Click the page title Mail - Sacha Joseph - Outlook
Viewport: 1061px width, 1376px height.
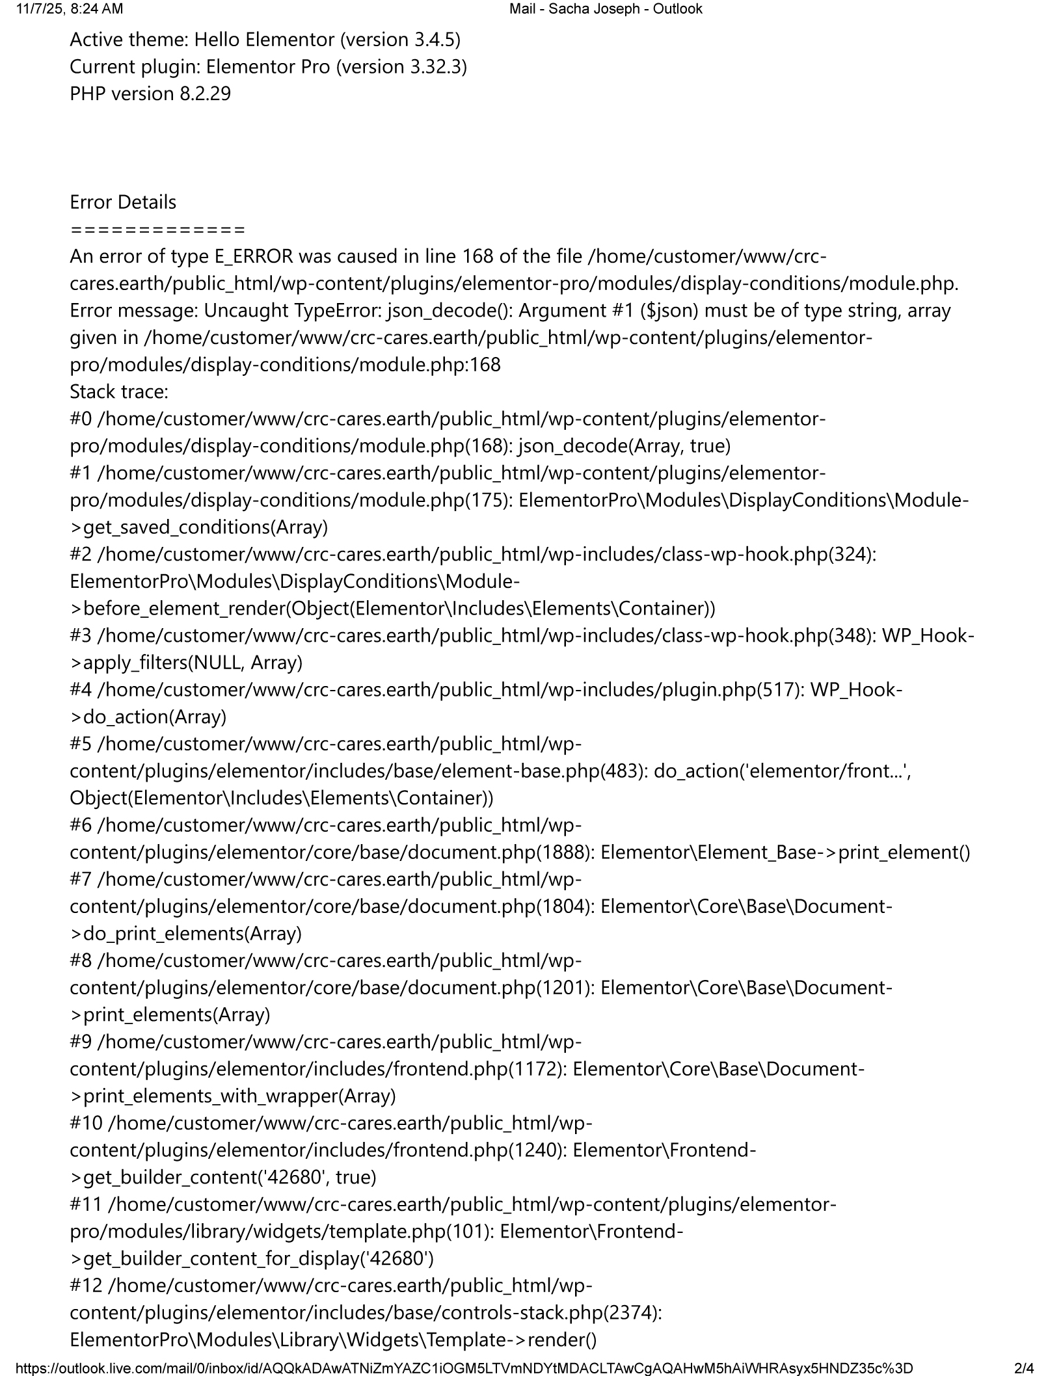[x=606, y=8]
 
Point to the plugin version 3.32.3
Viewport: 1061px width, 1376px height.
[x=435, y=67]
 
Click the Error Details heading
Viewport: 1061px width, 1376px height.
[x=123, y=202]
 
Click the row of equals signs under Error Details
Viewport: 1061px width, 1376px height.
[x=157, y=230]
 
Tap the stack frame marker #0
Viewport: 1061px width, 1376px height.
[x=81, y=419]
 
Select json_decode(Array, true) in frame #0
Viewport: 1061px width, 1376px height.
[x=625, y=446]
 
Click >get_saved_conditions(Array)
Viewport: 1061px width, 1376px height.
[x=199, y=527]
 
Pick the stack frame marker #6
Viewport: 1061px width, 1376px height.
[x=81, y=825]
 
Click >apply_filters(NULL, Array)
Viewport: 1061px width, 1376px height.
[x=187, y=663]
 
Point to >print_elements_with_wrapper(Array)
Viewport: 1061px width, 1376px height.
[x=233, y=1096]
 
